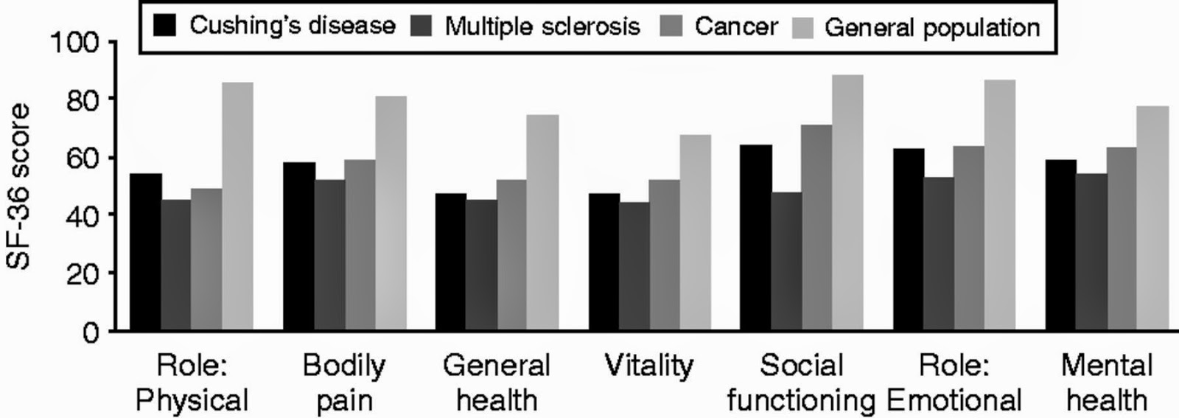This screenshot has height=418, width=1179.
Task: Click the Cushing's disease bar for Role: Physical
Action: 146,251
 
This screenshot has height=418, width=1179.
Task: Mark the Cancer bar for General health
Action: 511,254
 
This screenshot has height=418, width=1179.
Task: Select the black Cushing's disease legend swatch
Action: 165,27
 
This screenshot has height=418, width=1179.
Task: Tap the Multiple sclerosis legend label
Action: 542,27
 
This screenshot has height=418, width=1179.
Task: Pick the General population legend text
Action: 931,27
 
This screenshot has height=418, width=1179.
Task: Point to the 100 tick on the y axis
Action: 74,43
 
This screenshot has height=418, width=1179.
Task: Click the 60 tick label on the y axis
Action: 82,158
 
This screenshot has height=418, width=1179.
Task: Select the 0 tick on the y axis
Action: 90,332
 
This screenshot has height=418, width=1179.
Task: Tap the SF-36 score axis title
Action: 19,187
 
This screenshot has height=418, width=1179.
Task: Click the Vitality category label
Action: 649,366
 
